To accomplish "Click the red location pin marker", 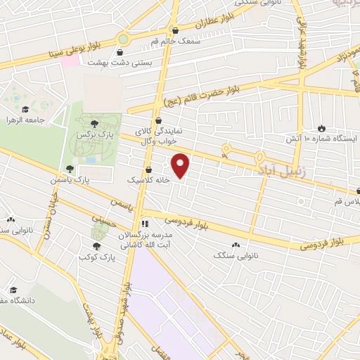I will pos(181,165).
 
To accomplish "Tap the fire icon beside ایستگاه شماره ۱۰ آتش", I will pos(322,128).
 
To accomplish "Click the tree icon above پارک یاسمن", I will pos(70,169).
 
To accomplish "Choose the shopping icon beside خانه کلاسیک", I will pos(148,169).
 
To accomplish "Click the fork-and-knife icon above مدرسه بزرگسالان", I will pos(144,224).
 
